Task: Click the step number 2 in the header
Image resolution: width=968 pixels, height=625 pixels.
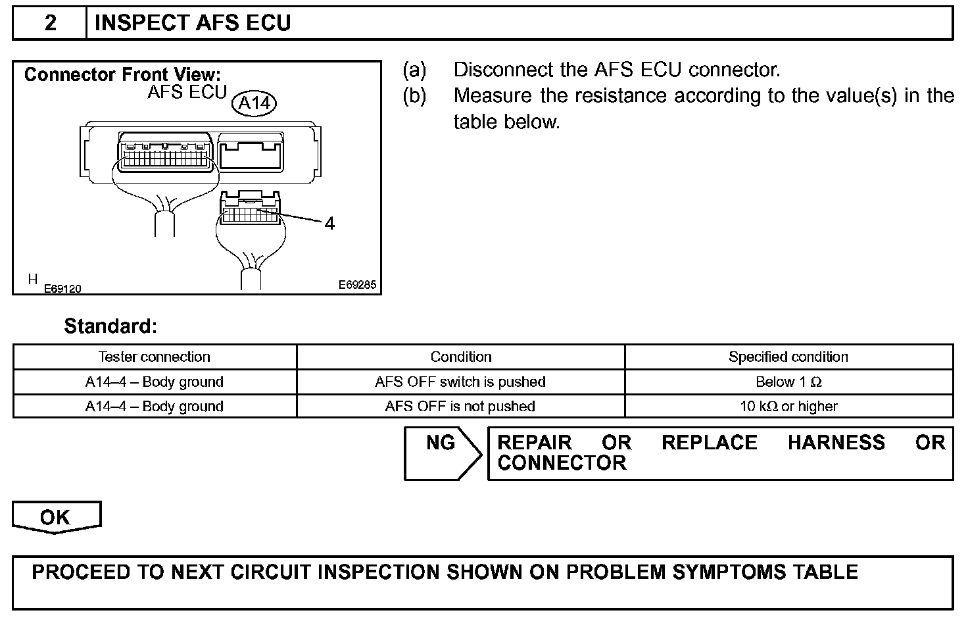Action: (50, 23)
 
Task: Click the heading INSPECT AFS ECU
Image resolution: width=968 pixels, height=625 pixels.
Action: (193, 23)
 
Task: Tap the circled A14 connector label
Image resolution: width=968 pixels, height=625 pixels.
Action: (254, 103)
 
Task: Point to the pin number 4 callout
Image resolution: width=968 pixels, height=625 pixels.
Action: (329, 224)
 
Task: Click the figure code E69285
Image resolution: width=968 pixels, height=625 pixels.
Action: (357, 285)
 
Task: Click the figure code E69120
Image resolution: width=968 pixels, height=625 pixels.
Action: (62, 289)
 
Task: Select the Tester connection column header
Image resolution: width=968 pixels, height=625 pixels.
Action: (155, 357)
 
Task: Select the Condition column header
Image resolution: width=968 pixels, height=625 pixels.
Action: (460, 357)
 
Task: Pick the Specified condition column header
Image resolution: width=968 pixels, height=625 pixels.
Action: (788, 357)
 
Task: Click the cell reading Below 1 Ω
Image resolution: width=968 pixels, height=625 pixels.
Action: (788, 382)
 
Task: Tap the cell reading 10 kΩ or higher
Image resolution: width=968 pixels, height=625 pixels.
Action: (788, 406)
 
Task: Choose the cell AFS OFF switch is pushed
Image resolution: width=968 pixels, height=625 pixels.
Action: (460, 382)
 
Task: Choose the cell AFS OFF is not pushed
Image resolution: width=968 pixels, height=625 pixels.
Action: (460, 406)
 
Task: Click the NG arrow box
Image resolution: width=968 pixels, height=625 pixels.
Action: (441, 453)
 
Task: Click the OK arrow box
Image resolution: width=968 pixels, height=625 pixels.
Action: (56, 517)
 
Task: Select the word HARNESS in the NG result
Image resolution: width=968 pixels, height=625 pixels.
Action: (836, 443)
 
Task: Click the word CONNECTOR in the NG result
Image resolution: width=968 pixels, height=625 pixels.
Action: (562, 463)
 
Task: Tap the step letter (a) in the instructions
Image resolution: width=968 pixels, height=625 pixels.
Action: (414, 70)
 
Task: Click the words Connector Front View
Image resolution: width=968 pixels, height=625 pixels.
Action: (122, 74)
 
